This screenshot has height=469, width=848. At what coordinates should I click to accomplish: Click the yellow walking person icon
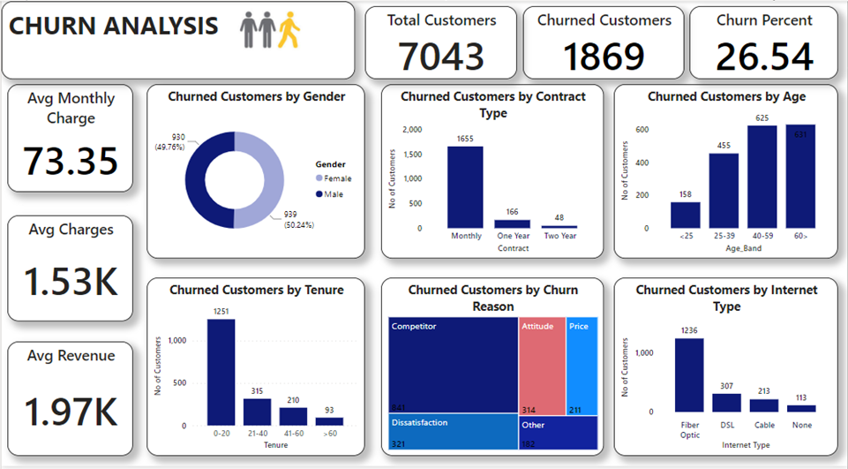(x=289, y=30)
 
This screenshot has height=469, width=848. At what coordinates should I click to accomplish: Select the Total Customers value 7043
(x=441, y=57)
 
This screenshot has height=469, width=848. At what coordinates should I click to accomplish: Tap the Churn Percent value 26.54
(x=764, y=57)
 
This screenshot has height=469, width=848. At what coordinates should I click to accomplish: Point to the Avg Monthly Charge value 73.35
(x=71, y=162)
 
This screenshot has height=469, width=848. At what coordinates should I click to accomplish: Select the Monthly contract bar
(x=466, y=187)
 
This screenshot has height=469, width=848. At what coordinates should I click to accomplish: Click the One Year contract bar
(x=513, y=223)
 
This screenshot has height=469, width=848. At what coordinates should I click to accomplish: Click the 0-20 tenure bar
(x=221, y=372)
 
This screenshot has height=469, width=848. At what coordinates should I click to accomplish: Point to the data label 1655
(x=466, y=139)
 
